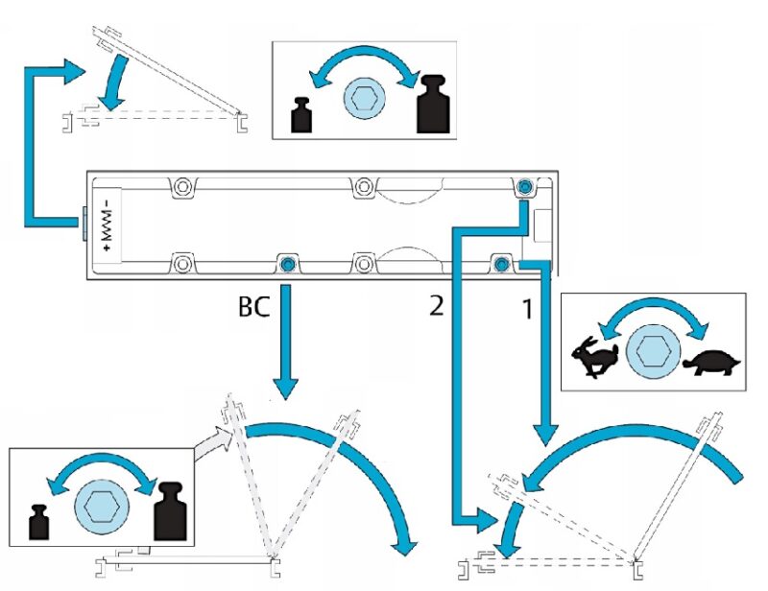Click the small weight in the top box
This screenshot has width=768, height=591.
click(303, 114)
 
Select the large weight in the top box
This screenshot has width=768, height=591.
click(433, 104)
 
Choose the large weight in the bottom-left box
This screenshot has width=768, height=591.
click(170, 508)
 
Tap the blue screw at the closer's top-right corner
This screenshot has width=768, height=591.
click(525, 185)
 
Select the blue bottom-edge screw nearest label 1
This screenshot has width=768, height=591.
click(500, 262)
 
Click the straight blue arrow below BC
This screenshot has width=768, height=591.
click(285, 341)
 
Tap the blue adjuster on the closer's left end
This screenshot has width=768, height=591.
click(84, 223)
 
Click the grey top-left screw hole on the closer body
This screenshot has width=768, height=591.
click(180, 185)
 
